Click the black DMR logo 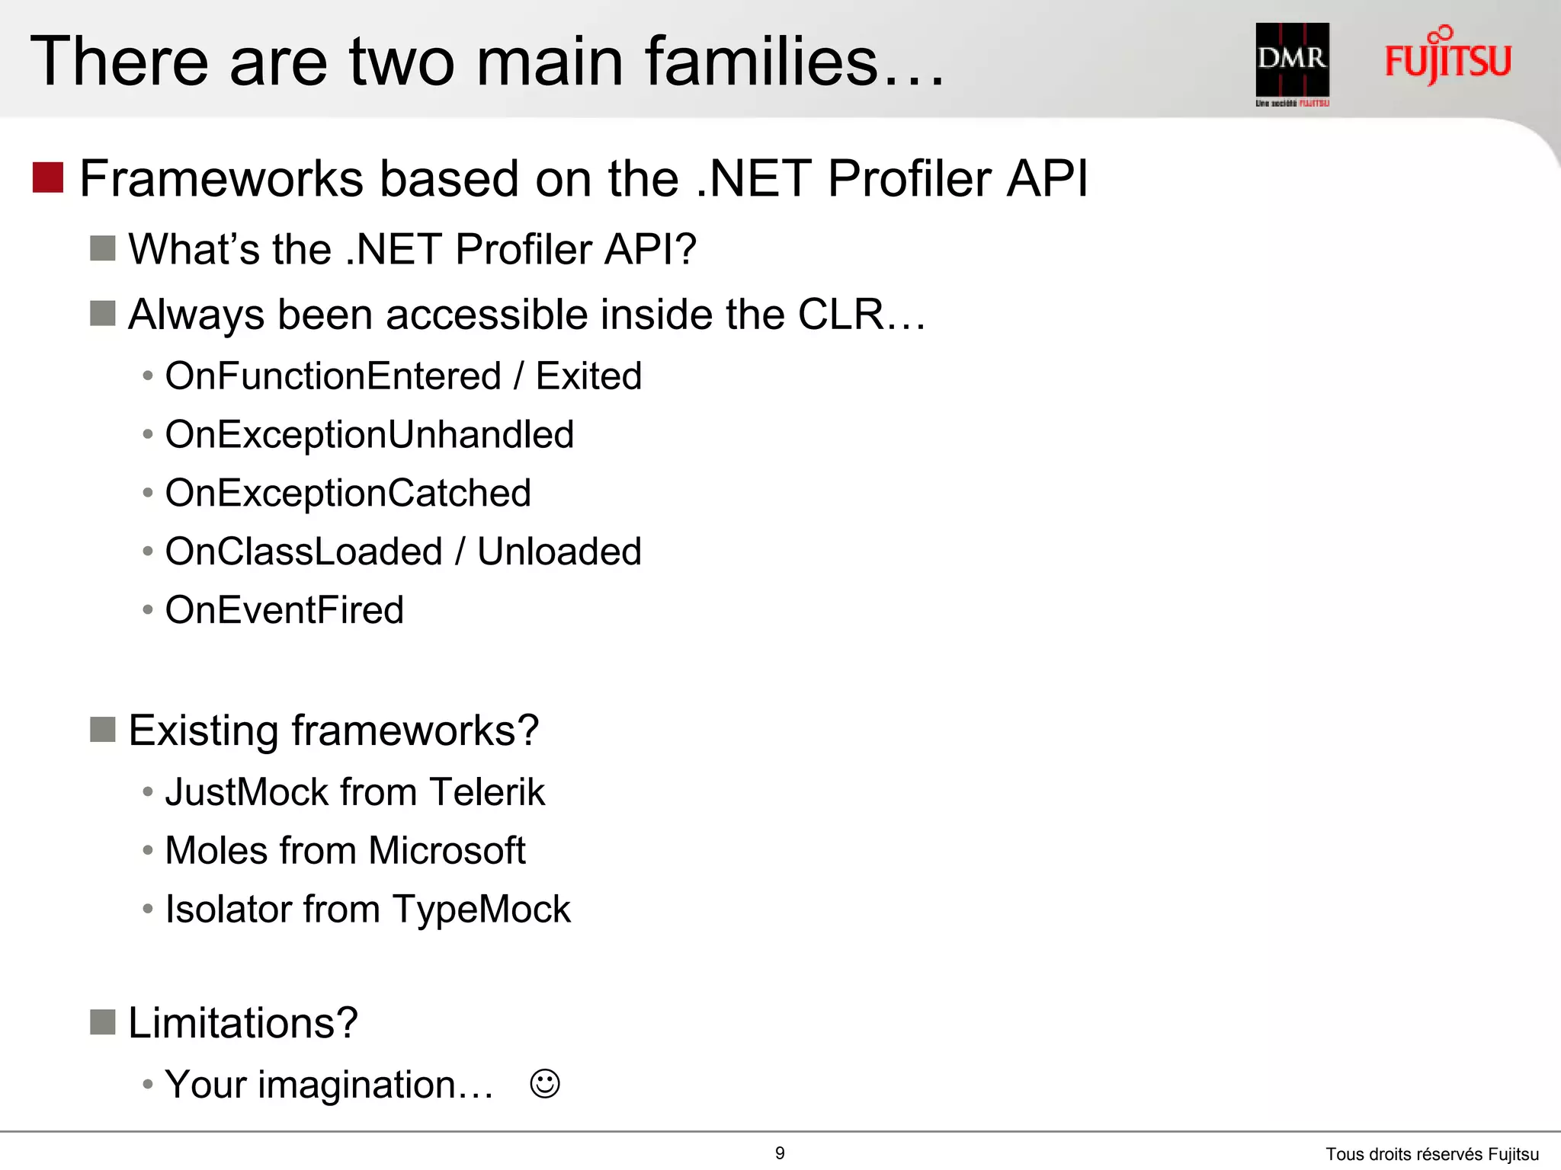point(1292,61)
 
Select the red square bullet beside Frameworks point(47,177)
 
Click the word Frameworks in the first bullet point(222,179)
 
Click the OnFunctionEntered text point(333,376)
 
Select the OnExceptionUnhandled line point(369,435)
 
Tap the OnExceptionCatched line point(348,494)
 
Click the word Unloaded point(559,551)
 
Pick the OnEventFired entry point(284,610)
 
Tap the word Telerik point(486,792)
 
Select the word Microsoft point(447,851)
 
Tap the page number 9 point(780,1153)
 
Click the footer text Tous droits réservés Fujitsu point(1431,1155)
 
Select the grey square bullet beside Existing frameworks point(103,730)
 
